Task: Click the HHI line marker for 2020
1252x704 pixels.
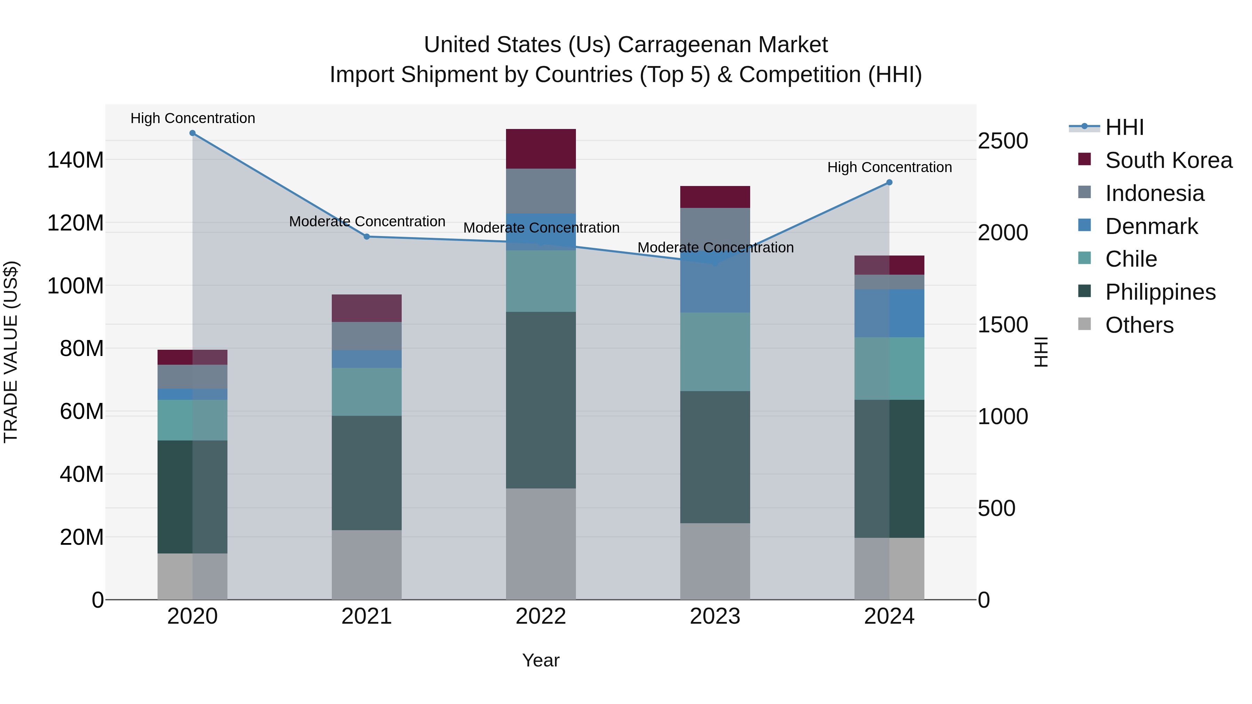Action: coord(192,133)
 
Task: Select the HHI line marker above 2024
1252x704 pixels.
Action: coord(889,183)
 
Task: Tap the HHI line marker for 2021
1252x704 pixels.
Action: coord(367,237)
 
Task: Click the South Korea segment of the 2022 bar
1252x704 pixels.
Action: coord(540,149)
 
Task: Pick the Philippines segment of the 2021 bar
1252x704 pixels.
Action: coord(367,473)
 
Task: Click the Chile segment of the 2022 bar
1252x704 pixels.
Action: coord(540,281)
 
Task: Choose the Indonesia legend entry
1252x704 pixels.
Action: coord(1154,193)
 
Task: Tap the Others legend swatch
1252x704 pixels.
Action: coord(1084,324)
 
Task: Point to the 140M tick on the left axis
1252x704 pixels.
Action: coord(75,160)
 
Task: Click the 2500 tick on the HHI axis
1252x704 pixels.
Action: coord(1002,141)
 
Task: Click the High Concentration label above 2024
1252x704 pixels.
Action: coord(889,168)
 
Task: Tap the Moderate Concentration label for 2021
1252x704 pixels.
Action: coord(367,221)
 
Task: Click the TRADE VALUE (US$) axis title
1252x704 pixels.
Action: coord(11,352)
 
